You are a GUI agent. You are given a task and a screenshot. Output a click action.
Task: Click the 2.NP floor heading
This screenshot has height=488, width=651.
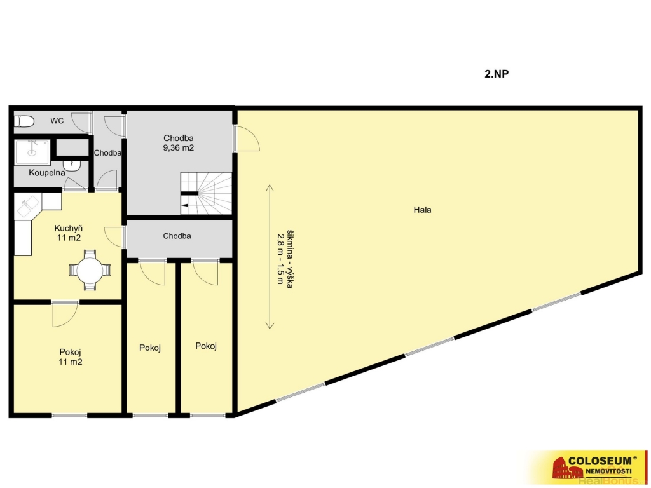pos(497,74)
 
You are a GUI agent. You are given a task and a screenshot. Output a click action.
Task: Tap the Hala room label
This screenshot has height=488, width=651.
pos(422,210)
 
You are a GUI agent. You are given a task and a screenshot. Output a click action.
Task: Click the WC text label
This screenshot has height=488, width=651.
pos(57,121)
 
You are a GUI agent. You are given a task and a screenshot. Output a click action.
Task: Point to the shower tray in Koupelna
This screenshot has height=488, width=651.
pos(32,152)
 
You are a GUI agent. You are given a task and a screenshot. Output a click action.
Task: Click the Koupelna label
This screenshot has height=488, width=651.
pos(46,173)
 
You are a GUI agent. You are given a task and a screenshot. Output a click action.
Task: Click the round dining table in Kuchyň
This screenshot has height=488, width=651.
pos(90,269)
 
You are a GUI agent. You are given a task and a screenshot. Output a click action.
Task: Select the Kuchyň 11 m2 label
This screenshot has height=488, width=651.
pos(69,233)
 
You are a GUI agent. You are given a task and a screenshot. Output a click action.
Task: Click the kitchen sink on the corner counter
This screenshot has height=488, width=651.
pos(28,206)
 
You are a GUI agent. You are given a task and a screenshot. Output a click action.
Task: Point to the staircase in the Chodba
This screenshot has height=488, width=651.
pos(206,193)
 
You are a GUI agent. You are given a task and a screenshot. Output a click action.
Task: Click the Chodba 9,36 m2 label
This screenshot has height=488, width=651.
pos(179,143)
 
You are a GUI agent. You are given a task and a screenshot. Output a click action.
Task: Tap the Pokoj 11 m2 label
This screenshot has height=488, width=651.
pos(70,357)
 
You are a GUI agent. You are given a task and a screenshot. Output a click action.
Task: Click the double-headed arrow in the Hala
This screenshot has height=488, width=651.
pos(270,257)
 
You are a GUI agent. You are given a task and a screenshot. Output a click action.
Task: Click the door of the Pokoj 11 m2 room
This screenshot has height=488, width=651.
pos(65,315)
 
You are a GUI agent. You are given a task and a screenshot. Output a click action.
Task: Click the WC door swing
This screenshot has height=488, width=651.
pos(81,123)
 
